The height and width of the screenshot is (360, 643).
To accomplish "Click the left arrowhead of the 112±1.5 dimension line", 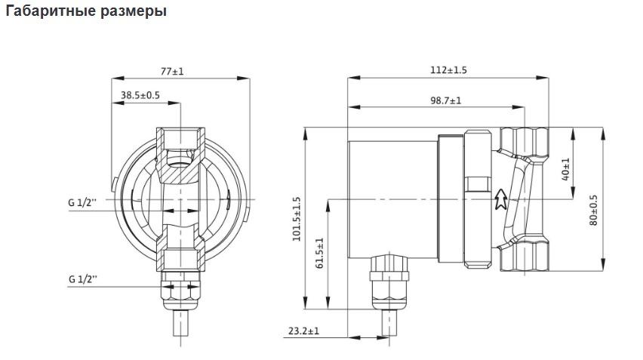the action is coord(353,77).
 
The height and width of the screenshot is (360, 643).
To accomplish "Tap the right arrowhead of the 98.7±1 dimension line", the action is coord(518,107).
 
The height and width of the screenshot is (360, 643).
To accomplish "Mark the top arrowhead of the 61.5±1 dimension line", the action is coord(328,206).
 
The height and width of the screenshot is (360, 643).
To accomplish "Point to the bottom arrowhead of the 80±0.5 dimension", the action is coord(603,264).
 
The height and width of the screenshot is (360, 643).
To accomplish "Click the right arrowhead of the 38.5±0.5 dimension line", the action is coord(174,103).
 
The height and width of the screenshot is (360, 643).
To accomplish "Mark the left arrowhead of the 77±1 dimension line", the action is coord(118,78).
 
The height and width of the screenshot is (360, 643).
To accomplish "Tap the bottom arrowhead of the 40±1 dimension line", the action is coord(573,193).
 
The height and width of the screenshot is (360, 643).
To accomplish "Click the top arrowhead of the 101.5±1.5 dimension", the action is coord(305,134).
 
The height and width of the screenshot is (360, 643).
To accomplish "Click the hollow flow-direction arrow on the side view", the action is coord(500,199).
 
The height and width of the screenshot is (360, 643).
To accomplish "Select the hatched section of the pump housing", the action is coord(180,164).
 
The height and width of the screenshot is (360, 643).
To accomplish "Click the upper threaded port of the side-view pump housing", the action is coord(525,141).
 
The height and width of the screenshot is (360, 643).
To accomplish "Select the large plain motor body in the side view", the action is coord(393,200).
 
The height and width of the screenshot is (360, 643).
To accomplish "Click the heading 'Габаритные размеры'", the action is coord(86,11).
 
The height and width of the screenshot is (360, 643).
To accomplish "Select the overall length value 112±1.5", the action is coord(448,69).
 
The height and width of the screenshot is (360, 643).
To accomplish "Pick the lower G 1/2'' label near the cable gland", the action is coord(83,279).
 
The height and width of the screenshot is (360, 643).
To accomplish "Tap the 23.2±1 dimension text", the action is coord(303,331).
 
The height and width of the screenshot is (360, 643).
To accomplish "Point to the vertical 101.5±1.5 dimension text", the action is coord(297,219).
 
